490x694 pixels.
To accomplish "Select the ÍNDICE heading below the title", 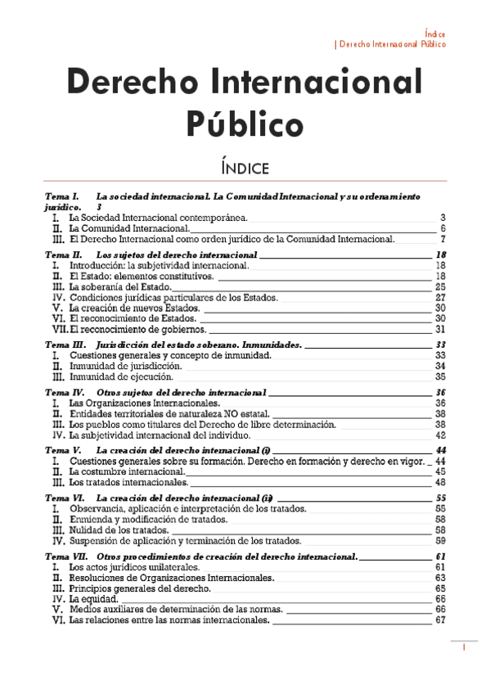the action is [244, 169].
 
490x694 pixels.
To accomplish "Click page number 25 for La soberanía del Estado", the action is [440, 287].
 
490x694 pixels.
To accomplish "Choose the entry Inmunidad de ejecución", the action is [121, 378].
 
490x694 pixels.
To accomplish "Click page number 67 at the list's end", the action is [440, 620].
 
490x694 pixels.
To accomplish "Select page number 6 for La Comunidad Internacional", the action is [442, 228].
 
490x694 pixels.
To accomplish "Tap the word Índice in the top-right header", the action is [435, 34].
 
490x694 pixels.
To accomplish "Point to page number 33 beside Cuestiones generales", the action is [440, 356].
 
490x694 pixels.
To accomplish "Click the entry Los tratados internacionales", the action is [128, 483].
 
